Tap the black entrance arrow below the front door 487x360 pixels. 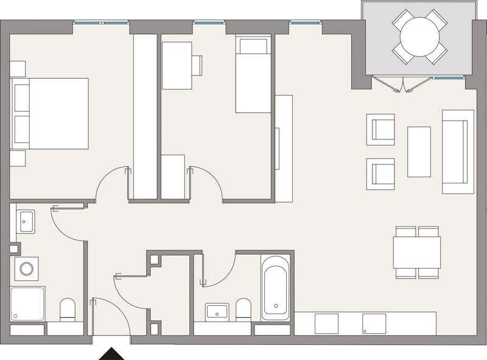tap(111, 353)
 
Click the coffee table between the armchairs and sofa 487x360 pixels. tap(419, 150)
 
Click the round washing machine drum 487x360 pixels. tap(26, 267)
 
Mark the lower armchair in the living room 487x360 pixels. tap(381, 172)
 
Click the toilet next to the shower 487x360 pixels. tap(66, 311)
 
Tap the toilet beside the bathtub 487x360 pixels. tap(243, 309)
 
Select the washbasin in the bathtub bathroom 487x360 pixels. tap(215, 312)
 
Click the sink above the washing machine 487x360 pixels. tap(26, 221)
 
